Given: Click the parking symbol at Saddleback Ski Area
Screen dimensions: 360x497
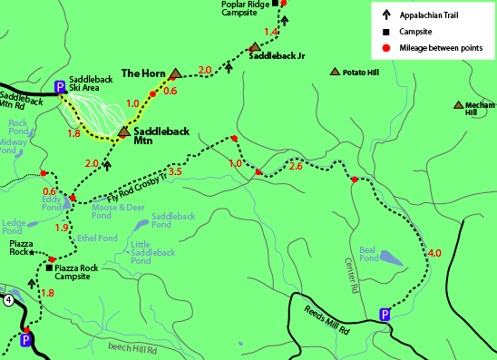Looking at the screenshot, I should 61,87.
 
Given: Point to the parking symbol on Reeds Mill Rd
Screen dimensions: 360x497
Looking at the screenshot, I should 385,315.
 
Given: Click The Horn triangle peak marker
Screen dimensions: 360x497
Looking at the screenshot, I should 175,73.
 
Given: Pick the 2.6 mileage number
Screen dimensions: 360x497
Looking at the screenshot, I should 295,166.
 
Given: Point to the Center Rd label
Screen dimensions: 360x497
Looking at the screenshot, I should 351,271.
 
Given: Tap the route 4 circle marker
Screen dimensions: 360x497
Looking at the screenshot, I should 8,299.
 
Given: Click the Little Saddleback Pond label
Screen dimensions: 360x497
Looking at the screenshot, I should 153,252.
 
